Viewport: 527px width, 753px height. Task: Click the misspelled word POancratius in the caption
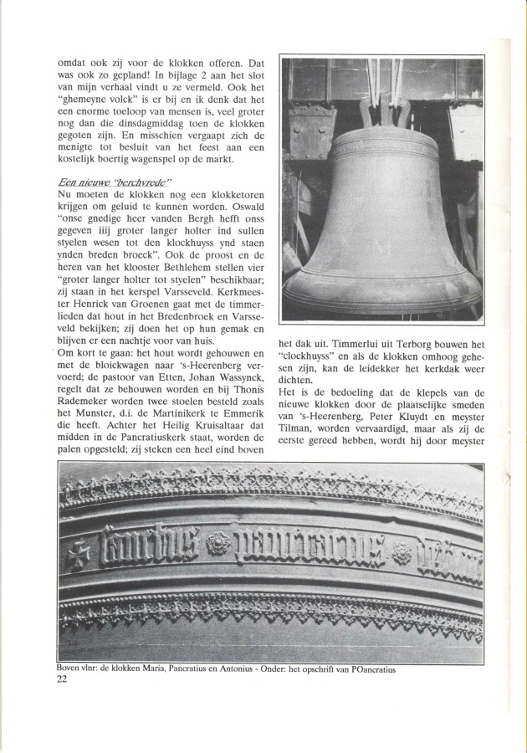(365, 669)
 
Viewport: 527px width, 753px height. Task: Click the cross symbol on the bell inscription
(80, 553)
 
